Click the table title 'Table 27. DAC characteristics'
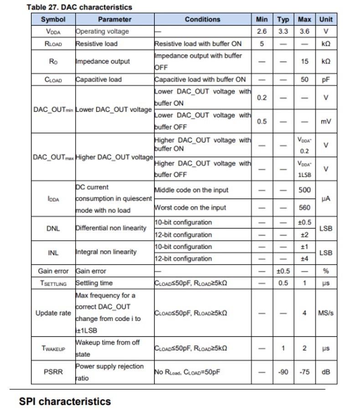tap(79, 7)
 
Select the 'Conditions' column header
tap(202, 20)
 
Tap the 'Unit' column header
tap(326, 20)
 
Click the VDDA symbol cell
tap(53, 32)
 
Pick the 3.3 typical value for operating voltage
tap(283, 32)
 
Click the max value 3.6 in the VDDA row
tap(304, 32)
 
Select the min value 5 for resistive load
tap(262, 44)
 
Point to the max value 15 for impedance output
tap(304, 61)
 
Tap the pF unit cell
tap(326, 79)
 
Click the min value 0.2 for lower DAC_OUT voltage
tap(262, 97)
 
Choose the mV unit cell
tap(326, 122)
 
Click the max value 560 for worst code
tap(304, 208)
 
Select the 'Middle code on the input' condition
tap(191, 190)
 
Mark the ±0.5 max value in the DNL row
tap(304, 223)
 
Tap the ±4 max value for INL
tap(304, 259)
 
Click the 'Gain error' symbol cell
tap(53, 271)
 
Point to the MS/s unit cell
tap(326, 313)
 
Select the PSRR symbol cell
tap(53, 372)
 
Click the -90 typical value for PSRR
tap(283, 372)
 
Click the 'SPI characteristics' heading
tap(65, 402)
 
